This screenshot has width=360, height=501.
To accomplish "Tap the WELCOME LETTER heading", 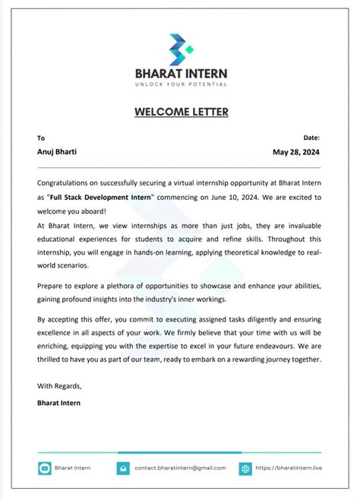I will pyautogui.click(x=181, y=112).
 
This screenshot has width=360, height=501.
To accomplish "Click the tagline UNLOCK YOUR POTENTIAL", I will pyautogui.click(x=181, y=84).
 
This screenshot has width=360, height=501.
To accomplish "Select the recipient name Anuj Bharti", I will pyautogui.click(x=57, y=152).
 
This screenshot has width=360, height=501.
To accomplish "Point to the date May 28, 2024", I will pyautogui.click(x=296, y=152).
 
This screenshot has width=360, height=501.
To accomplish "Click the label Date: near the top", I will pyautogui.click(x=311, y=138).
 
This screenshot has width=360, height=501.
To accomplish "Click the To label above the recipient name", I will pyautogui.click(x=41, y=138).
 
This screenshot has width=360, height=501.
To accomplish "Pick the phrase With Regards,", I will pyautogui.click(x=60, y=386).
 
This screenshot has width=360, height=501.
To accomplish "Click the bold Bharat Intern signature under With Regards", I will pyautogui.click(x=58, y=403).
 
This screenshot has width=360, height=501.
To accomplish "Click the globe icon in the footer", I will pyautogui.click(x=245, y=468).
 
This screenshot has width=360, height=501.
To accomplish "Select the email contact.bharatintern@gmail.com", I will pyautogui.click(x=180, y=468).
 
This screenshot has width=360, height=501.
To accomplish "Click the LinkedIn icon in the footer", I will pyautogui.click(x=44, y=468).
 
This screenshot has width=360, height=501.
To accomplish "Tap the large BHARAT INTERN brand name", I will pyautogui.click(x=181, y=73).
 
